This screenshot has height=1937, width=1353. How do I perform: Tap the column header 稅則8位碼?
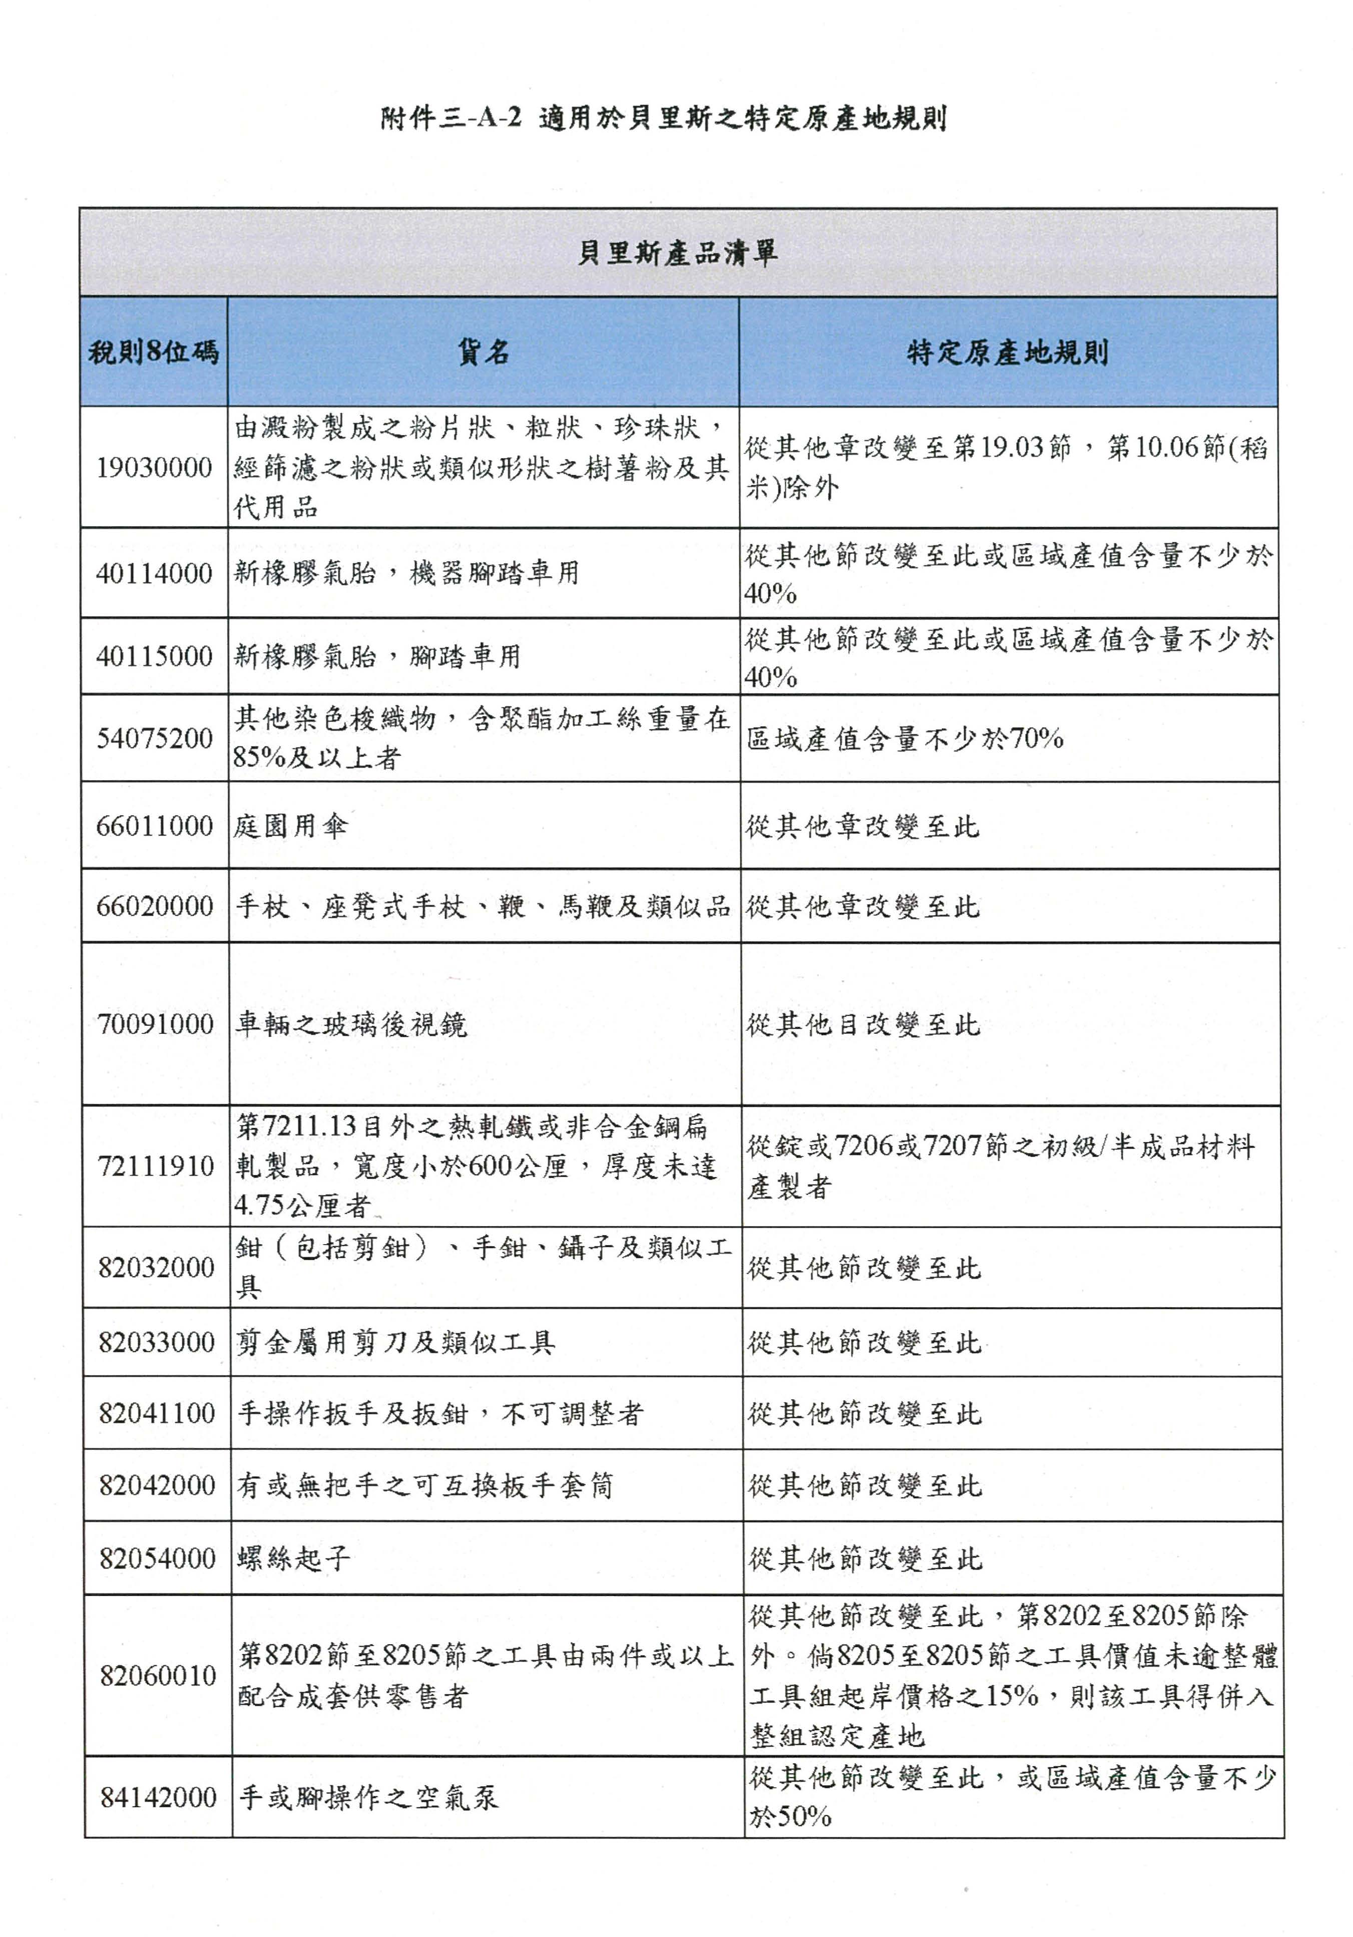(x=154, y=351)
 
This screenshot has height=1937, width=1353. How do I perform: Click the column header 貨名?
(x=484, y=351)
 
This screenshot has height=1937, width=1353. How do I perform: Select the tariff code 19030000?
(x=154, y=468)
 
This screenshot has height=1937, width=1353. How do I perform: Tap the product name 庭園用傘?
(x=291, y=826)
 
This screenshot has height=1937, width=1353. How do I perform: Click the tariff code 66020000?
(x=154, y=907)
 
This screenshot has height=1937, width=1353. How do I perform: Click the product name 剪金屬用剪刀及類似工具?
(x=395, y=1342)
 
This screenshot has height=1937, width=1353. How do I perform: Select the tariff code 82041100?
(x=157, y=1413)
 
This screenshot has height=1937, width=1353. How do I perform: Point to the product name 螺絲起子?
(x=293, y=1558)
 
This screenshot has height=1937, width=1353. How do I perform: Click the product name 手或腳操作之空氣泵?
(x=368, y=1798)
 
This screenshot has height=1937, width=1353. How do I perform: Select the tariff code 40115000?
(x=154, y=656)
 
